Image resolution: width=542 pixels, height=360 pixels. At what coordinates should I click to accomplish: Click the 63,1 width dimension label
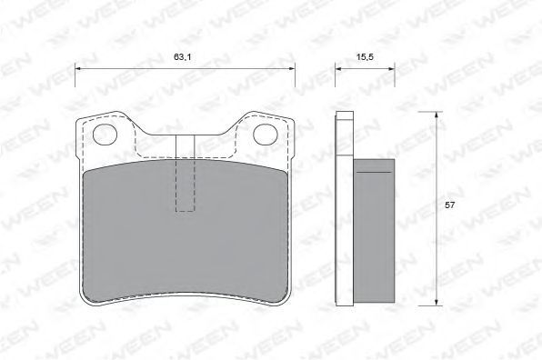(x=182, y=57)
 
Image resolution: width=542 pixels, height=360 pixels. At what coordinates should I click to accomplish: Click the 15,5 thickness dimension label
(x=365, y=57)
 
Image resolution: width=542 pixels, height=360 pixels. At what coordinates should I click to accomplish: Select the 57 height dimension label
(x=450, y=205)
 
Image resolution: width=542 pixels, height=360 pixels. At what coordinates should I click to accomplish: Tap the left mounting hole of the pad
(x=105, y=135)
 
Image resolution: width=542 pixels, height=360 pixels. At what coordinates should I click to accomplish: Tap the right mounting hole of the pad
(x=266, y=135)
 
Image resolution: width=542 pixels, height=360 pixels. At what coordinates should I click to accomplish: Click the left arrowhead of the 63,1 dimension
(x=78, y=68)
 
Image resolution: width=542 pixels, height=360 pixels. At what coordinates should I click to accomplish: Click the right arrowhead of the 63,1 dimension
(x=291, y=68)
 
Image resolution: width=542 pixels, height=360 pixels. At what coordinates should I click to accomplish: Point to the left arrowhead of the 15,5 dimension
(x=338, y=68)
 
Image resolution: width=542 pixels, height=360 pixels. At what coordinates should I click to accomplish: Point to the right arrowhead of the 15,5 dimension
(x=391, y=68)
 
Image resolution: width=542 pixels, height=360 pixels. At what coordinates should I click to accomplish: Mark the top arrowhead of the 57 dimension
(x=437, y=115)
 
